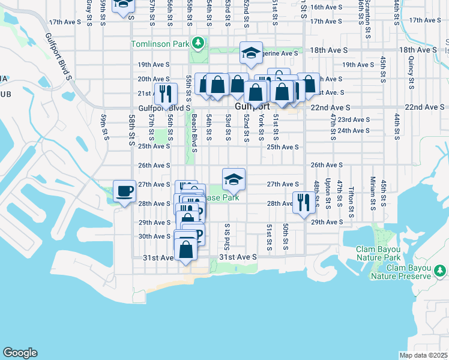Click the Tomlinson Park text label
coord(160,44)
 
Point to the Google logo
coord(20,353)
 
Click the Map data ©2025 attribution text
coord(424,355)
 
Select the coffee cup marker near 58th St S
coord(125,191)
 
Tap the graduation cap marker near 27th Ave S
coord(234,178)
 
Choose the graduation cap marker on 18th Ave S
coord(251,53)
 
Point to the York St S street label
coord(261,127)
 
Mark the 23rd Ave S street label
coord(352,119)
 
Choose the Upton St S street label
coord(328,189)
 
